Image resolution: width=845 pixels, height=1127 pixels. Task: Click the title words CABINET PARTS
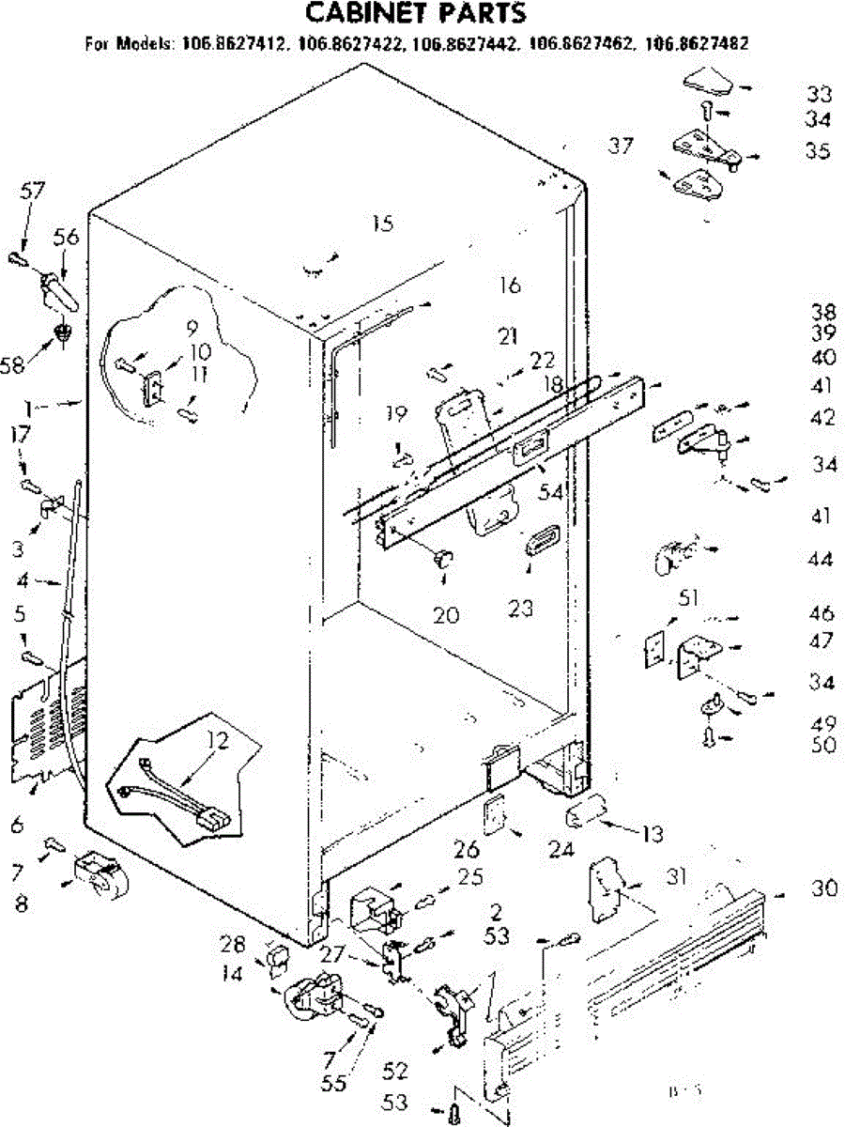(417, 13)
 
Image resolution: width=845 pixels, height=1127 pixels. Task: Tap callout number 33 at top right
(818, 94)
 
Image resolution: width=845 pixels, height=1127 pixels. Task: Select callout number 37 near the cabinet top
(620, 146)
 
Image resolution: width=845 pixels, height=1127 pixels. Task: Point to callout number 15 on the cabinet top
(381, 224)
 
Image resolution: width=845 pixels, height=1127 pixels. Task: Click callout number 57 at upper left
(33, 193)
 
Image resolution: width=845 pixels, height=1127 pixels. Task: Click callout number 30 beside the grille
(824, 888)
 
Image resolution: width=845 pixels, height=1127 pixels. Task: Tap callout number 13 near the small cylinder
(653, 833)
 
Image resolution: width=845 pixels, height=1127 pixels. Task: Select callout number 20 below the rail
(447, 615)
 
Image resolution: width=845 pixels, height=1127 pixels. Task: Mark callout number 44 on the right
(820, 560)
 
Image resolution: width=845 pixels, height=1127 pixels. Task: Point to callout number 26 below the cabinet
(467, 851)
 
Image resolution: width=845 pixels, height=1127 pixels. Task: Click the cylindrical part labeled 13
(586, 813)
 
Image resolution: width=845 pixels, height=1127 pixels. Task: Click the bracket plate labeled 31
(604, 888)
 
